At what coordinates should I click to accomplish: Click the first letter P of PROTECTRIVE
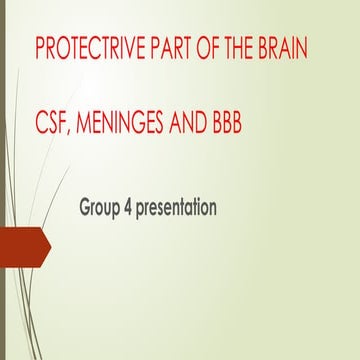[x=39, y=48]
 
